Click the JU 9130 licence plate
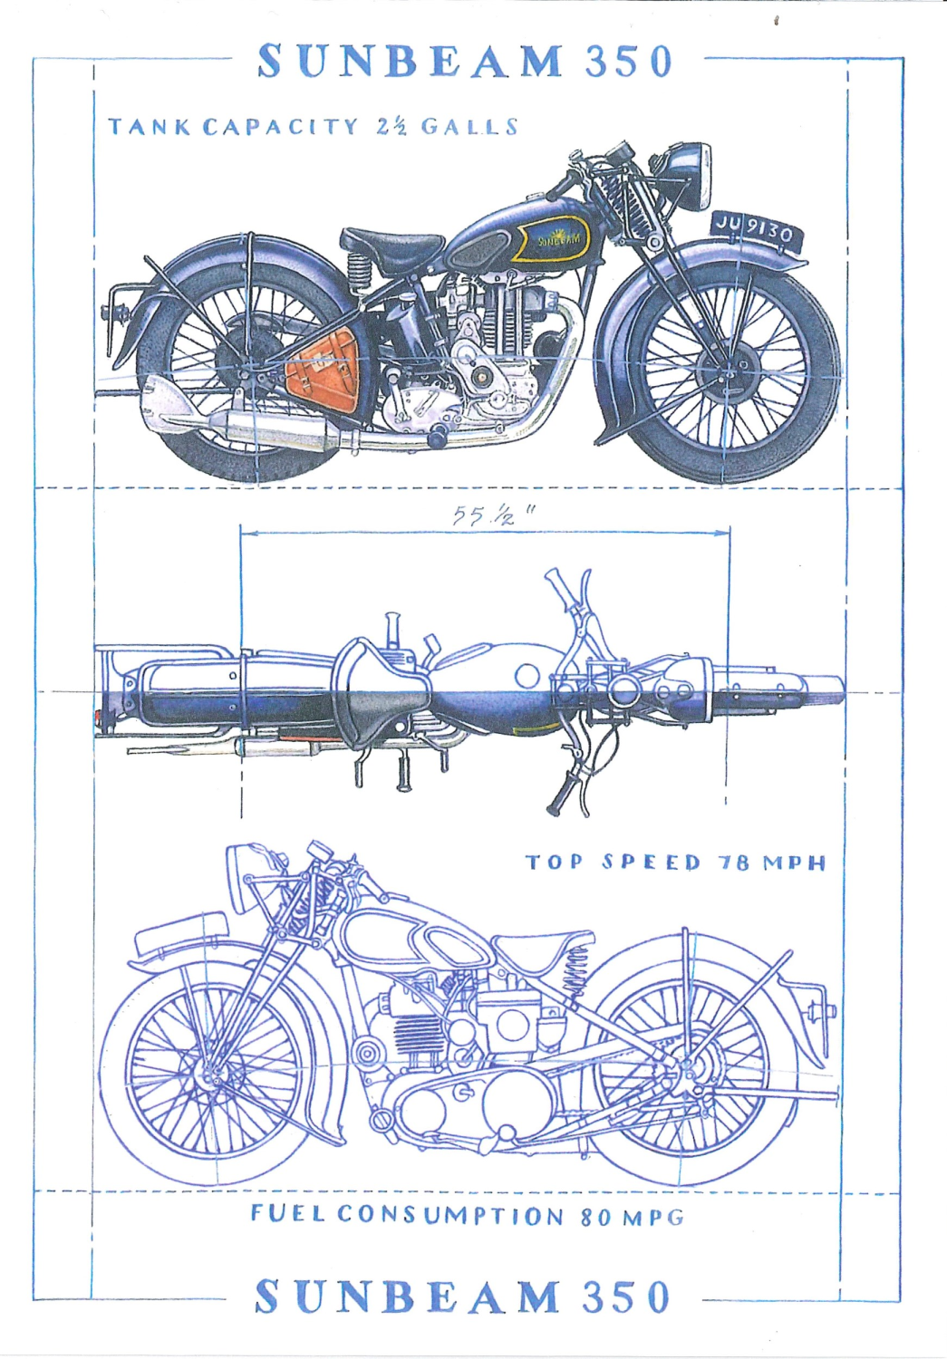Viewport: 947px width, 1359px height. [754, 230]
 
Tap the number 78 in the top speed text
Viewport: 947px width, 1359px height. [734, 863]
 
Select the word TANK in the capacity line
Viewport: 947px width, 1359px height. [149, 126]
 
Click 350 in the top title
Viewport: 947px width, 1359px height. [628, 62]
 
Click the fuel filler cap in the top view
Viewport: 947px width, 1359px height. [526, 675]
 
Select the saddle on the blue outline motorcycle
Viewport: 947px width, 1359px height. [533, 951]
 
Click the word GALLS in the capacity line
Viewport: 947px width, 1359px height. [469, 126]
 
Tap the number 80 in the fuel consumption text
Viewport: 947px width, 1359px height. [595, 1216]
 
